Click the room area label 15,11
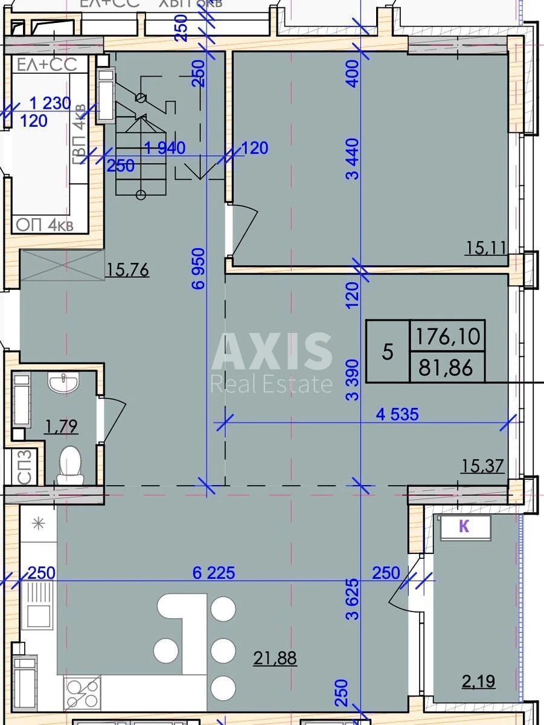(485, 247)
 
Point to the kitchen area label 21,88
(275, 658)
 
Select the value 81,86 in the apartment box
(447, 367)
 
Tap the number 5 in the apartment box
(388, 352)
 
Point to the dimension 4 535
(397, 414)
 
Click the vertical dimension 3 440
(353, 159)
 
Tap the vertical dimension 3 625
(353, 599)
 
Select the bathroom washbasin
(63, 383)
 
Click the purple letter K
(464, 527)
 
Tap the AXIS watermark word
(272, 352)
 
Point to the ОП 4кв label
(45, 225)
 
